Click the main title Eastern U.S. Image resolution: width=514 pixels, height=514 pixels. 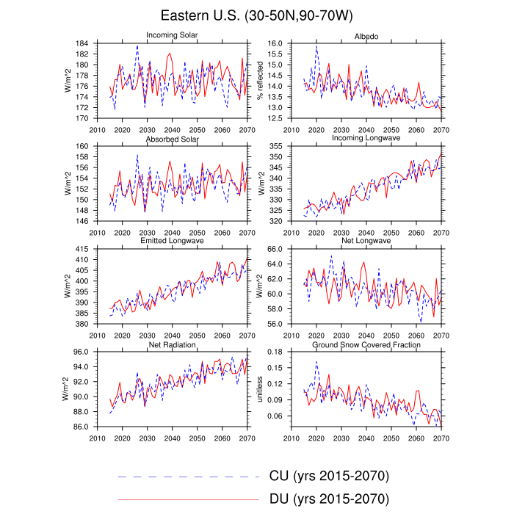click(256, 15)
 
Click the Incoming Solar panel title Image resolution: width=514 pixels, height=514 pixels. click(175, 35)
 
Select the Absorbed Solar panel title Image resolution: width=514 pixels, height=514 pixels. click(175, 140)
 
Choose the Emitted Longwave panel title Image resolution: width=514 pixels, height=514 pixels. click(175, 241)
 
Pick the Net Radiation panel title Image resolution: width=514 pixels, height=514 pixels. click(175, 344)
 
